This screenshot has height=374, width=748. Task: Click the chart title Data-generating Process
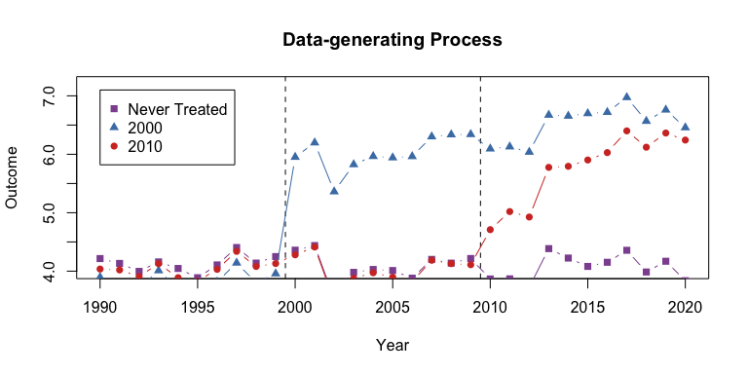392,40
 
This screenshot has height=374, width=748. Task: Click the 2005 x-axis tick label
393,307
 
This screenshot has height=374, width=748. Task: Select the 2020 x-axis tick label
685,307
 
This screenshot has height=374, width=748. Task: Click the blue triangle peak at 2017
626,97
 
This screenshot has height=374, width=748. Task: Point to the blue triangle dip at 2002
334,190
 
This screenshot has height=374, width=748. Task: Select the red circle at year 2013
548,168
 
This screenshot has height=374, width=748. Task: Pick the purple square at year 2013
548,248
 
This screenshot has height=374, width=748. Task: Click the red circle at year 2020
685,140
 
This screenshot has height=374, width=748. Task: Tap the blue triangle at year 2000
295,156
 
